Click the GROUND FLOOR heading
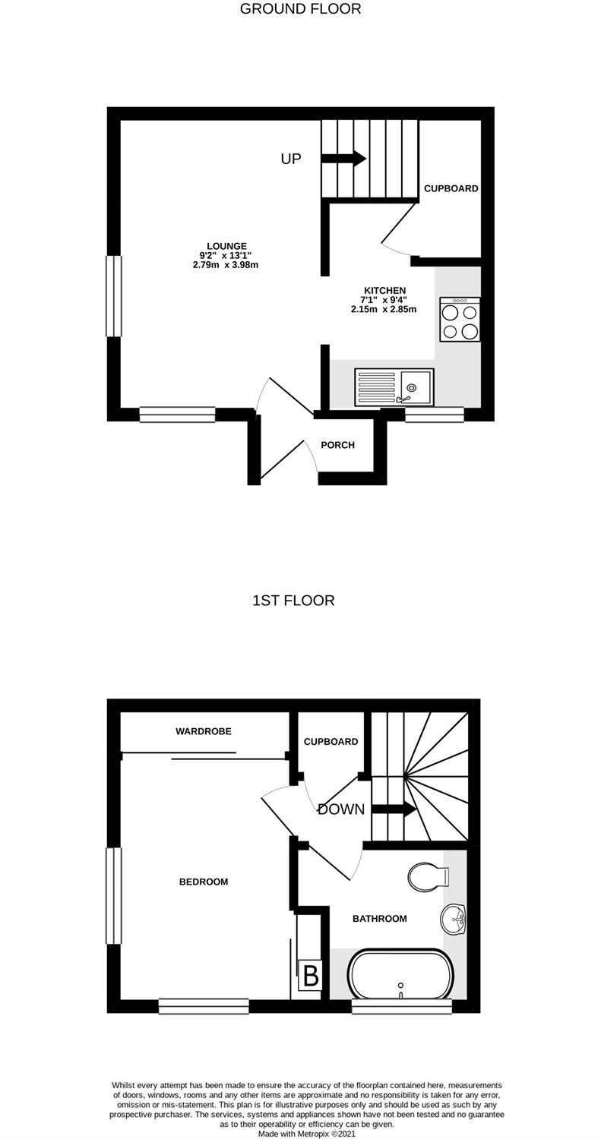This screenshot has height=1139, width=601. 300,8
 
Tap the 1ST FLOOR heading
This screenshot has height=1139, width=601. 293,601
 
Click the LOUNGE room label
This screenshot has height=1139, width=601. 226,246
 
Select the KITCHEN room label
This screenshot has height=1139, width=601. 384,290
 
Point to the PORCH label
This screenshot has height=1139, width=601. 337,445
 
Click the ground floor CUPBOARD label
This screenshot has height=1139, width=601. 451,188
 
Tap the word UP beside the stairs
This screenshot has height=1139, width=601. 290,159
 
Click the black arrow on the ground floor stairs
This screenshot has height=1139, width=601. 343,158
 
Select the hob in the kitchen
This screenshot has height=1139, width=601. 460,320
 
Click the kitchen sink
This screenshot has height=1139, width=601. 394,387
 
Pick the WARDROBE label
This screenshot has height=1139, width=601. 204,731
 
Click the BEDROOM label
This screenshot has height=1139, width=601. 204,882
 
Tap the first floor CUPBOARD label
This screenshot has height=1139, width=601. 331,742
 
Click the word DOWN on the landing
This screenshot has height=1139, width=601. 341,809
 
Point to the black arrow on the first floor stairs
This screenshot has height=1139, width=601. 394,809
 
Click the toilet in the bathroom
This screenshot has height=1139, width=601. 429,876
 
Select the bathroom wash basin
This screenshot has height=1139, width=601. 453,919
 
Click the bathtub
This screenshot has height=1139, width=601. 400,973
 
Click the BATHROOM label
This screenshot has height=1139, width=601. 380,919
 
